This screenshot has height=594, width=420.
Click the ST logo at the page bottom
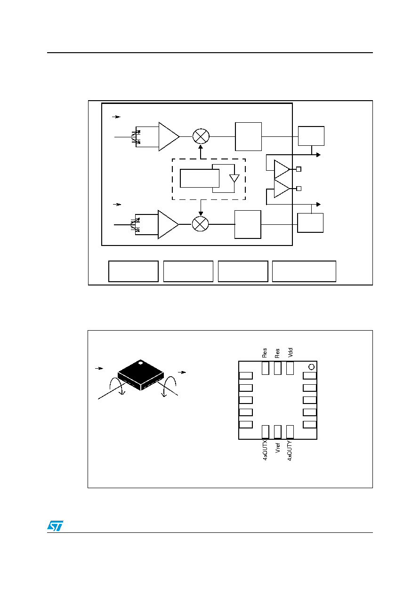(x=55, y=525)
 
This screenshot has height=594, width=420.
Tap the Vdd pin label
(x=290, y=352)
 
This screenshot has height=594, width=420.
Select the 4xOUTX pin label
(x=265, y=451)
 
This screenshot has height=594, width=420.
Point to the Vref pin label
(x=277, y=448)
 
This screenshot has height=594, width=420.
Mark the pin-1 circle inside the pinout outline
(x=311, y=367)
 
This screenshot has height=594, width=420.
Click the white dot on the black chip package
(x=141, y=362)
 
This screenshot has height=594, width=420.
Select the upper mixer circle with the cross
(x=201, y=136)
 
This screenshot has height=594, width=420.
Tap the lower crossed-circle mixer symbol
(x=200, y=224)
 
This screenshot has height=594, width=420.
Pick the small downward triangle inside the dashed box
(x=234, y=178)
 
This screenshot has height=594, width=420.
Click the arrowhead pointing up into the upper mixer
(x=201, y=147)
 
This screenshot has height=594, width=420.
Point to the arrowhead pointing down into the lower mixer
(x=201, y=214)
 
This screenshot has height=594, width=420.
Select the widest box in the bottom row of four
(x=304, y=271)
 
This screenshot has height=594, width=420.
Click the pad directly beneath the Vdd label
(x=290, y=368)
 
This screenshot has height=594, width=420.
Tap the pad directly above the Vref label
(x=277, y=432)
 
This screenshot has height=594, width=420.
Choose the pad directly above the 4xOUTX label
(x=265, y=432)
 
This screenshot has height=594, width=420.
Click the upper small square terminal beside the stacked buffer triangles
(x=299, y=169)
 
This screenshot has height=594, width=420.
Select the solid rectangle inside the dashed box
(x=200, y=178)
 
